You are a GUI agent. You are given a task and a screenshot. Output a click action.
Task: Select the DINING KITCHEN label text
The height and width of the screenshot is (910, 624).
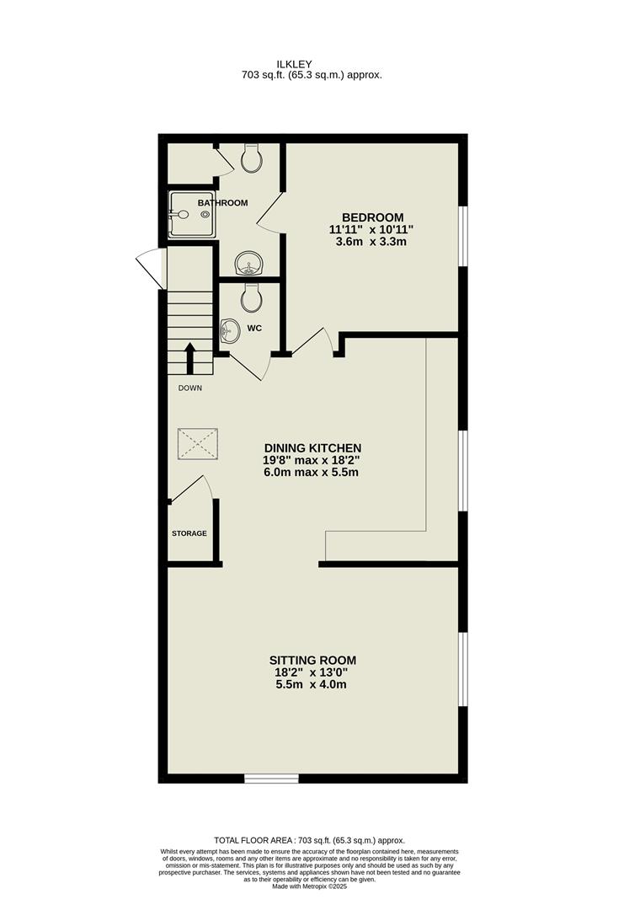312,447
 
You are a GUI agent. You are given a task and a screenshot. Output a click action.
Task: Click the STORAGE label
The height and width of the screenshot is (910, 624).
189,533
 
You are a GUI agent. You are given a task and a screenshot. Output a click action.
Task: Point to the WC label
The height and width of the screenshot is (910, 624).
254,329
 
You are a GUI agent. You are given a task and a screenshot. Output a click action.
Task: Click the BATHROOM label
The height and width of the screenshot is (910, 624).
222,203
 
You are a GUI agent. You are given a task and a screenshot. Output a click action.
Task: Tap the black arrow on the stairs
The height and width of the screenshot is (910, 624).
190,358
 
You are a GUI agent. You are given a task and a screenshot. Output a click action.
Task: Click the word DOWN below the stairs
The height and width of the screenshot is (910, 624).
189,388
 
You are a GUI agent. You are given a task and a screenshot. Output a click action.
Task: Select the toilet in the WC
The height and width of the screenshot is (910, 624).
251,297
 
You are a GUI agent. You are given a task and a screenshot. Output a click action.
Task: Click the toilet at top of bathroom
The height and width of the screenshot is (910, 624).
251,158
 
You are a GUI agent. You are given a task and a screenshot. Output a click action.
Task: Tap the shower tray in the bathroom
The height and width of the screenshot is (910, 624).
189,215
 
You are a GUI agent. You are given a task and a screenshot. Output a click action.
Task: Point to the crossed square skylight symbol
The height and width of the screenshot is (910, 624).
199,444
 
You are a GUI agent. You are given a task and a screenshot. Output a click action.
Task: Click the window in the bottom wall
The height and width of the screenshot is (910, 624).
271,778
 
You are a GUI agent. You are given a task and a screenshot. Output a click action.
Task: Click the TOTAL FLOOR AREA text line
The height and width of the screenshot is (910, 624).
309,840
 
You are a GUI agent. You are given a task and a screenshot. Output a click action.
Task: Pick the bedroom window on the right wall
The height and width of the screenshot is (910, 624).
461,236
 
